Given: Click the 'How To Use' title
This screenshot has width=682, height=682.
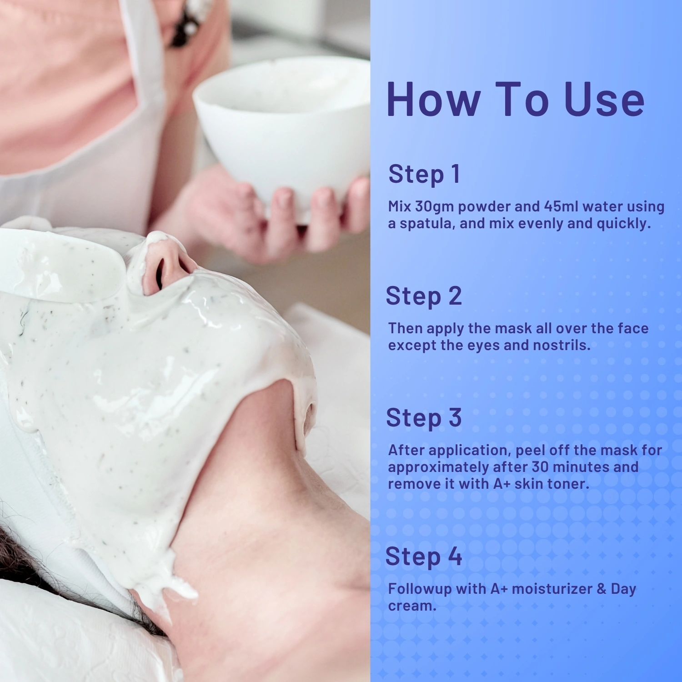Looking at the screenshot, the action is [516, 99].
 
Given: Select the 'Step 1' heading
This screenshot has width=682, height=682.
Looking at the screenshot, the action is [424, 174].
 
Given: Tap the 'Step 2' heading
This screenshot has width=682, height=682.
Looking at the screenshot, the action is [424, 296].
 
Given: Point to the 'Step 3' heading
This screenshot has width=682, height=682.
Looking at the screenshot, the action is [424, 418].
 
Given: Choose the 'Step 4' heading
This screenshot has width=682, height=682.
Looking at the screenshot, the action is [424, 557].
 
